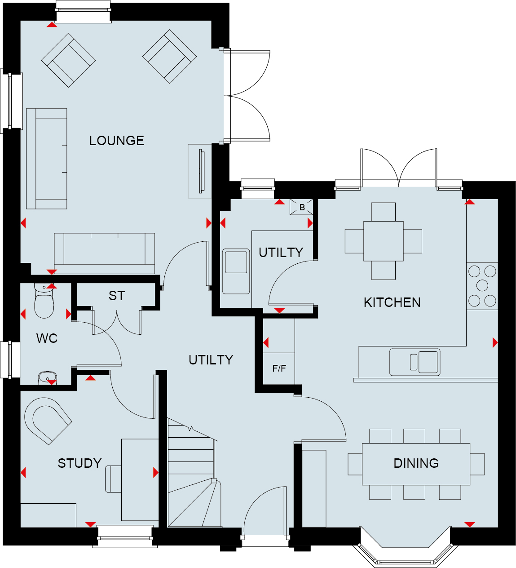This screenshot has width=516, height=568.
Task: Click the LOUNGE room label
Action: (117, 141)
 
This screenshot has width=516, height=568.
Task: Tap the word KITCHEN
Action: (392, 302)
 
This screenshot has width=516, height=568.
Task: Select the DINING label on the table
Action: (416, 463)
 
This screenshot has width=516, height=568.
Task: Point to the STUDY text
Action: (79, 463)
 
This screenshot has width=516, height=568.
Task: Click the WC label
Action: (47, 338)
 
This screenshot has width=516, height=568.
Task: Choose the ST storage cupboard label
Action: (117, 296)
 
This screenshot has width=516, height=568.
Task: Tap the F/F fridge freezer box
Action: (279, 368)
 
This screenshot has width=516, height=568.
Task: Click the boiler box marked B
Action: (302, 207)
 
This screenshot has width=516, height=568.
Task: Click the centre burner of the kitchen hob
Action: (482, 285)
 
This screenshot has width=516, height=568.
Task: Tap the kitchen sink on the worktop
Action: (415, 362)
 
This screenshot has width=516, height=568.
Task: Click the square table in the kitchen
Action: (384, 241)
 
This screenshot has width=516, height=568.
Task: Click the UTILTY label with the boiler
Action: (281, 253)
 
